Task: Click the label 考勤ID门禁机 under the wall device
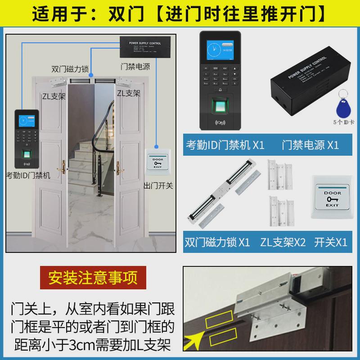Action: pyautogui.click(x=27, y=175)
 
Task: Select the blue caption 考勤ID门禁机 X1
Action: pyautogui.click(x=225, y=145)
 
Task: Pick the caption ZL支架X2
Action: pyautogui.click(x=283, y=242)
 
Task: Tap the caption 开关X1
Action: pyautogui.click(x=331, y=242)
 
